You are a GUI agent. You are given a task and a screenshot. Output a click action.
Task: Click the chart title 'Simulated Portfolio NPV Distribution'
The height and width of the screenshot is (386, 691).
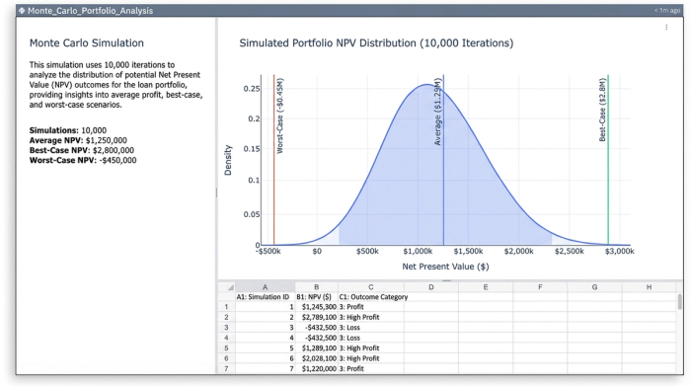376,44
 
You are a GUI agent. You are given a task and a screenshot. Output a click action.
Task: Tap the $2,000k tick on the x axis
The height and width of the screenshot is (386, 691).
518,252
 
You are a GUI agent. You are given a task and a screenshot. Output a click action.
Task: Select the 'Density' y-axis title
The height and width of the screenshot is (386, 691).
227,164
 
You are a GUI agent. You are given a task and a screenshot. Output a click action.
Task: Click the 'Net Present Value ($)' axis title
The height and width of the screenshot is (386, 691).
445,267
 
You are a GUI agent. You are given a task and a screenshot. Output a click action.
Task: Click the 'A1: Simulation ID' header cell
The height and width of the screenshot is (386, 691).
264,296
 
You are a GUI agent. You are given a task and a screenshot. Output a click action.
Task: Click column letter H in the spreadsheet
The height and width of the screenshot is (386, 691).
649,286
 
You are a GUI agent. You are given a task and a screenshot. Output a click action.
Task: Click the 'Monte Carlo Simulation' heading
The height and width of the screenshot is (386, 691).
87,43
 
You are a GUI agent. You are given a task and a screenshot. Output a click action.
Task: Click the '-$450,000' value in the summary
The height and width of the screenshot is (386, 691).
114,160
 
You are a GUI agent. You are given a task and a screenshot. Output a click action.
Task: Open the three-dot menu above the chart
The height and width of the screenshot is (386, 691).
666,27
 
